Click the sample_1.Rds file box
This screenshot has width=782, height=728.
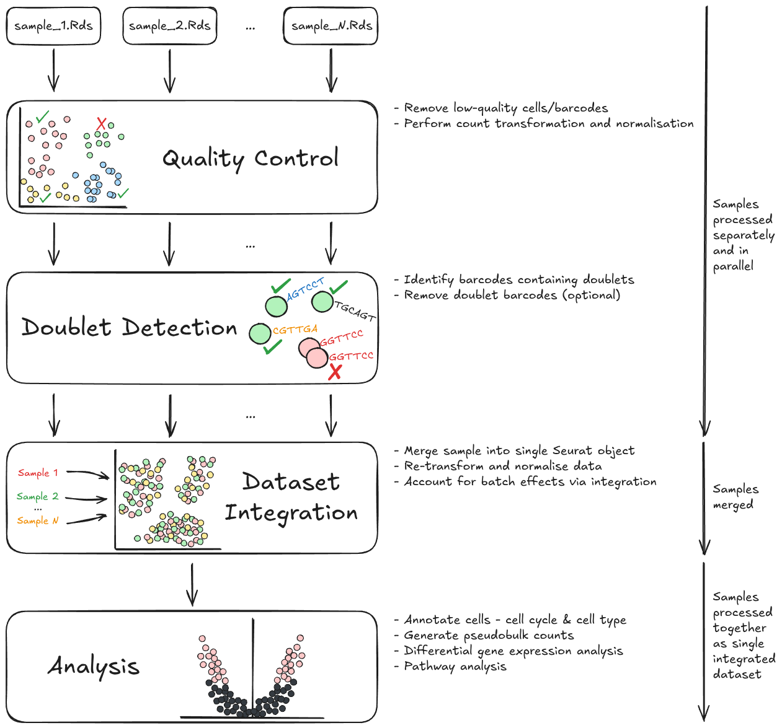pos(53,26)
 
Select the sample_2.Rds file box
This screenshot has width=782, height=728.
pos(169,26)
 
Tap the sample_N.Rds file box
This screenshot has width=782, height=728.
pos(331,26)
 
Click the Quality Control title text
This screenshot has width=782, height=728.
pos(251,159)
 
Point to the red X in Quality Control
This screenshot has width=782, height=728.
pos(101,124)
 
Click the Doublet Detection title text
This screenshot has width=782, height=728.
pos(130,327)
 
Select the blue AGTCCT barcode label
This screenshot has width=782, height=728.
pos(306,288)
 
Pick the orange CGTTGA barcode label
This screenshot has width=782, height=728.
pos(295,330)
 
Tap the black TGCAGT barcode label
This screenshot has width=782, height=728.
pos(355,311)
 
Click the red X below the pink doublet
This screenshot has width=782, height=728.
pos(335,372)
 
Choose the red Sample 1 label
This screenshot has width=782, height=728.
pos(38,473)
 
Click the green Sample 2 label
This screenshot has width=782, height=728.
pos(37,496)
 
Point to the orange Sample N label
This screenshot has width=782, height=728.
pos(37,520)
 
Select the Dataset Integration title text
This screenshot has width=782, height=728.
pos(291,497)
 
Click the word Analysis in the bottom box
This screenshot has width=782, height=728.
pos(94,667)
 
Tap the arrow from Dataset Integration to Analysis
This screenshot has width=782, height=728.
pos(192,584)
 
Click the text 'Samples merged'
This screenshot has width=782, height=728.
pos(735,497)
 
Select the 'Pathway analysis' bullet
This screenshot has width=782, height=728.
pos(455,667)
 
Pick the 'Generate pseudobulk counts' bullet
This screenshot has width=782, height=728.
pos(489,636)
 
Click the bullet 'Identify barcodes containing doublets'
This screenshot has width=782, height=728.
pos(518,279)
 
